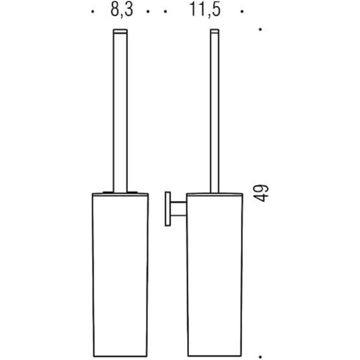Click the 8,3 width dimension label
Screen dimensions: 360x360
click(x=122, y=10)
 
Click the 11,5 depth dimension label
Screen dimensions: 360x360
click(x=205, y=10)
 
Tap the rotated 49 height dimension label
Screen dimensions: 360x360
click(x=261, y=193)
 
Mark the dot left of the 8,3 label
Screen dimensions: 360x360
click(x=92, y=11)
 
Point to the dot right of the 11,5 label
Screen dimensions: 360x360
click(x=242, y=11)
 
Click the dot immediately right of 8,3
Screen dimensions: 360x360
click(x=148, y=11)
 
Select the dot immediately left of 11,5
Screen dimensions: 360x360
click(x=165, y=11)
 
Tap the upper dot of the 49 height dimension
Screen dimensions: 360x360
click(x=260, y=29)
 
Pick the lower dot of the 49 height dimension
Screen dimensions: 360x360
click(x=260, y=357)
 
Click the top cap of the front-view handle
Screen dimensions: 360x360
click(x=120, y=31)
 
